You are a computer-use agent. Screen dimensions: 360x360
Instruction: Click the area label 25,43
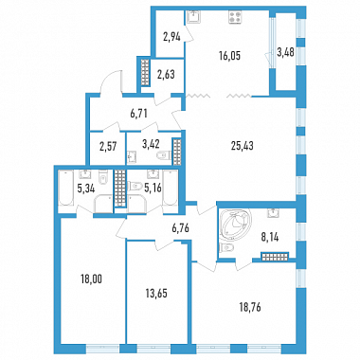243,146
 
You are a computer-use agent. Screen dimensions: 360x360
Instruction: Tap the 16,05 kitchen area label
229,56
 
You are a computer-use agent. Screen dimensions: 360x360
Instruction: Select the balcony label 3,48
285,52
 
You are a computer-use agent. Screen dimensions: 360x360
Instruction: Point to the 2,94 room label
171,37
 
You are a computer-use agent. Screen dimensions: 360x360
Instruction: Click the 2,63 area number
166,75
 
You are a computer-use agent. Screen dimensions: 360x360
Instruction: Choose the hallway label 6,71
139,113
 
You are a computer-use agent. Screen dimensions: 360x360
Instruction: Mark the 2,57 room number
108,147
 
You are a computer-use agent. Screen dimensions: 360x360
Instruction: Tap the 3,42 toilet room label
151,144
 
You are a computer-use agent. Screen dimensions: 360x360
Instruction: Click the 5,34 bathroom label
86,189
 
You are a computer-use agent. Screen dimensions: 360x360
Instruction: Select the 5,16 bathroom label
153,189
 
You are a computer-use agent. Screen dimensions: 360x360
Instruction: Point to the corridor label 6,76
181,227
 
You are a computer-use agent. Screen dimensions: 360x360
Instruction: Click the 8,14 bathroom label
269,236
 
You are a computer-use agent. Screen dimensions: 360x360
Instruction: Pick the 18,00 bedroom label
91,279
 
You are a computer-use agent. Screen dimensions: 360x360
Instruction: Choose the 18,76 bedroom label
250,307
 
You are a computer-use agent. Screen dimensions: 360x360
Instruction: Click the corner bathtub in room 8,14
233,224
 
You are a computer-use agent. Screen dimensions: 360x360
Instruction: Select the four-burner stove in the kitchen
236,17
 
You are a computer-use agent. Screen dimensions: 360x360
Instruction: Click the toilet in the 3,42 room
164,155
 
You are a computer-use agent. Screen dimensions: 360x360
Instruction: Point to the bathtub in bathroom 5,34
65,188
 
